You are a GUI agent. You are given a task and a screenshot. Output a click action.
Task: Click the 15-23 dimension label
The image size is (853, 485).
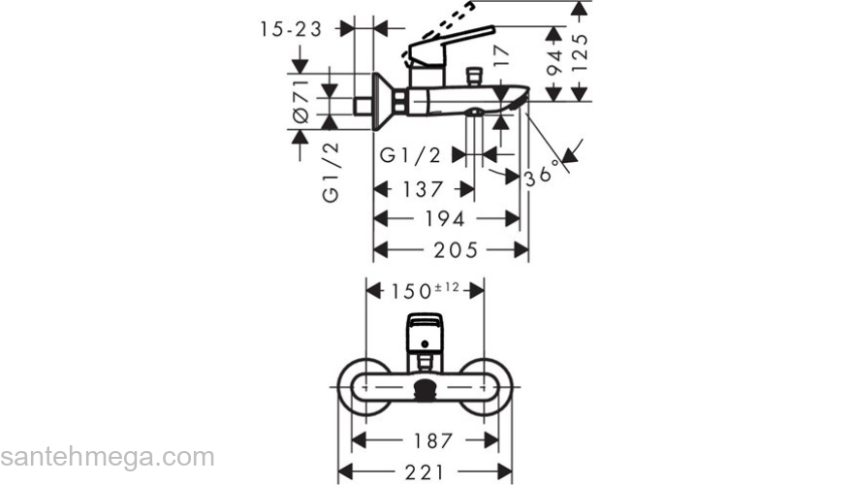[290, 29]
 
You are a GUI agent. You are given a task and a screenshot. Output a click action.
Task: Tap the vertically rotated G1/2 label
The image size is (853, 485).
[331, 171]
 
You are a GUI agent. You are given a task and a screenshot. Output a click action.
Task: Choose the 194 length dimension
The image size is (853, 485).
[446, 218]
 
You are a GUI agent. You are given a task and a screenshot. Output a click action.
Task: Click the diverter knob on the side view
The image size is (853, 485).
[474, 75]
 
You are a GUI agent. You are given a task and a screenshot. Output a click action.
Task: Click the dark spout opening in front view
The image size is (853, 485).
[425, 390]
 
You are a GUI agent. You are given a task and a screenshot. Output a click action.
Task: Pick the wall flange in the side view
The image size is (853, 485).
[380, 100]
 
